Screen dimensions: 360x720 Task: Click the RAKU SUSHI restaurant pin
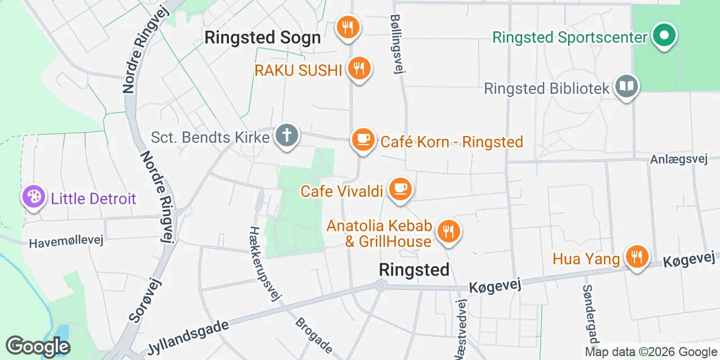click(x=358, y=69)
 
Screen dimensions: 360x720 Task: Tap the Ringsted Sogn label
click(x=263, y=38)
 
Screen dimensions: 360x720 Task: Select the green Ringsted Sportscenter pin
click(x=664, y=35)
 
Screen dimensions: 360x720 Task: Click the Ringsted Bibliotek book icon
click(x=626, y=87)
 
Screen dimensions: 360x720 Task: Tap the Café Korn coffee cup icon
click(x=363, y=139)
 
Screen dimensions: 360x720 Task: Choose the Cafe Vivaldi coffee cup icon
click(x=400, y=188)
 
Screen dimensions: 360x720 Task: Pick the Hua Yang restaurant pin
click(x=637, y=257)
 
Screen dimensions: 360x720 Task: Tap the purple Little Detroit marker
click(x=34, y=197)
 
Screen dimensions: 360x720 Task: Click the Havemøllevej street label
click(x=66, y=241)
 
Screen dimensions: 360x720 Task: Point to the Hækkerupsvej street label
click(x=265, y=263)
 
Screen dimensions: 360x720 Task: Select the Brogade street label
click(x=314, y=334)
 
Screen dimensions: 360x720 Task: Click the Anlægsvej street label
click(x=678, y=159)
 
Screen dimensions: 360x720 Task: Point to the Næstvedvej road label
click(x=461, y=329)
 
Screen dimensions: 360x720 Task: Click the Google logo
click(x=37, y=346)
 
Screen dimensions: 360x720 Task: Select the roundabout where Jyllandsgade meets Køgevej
click(x=381, y=286)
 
